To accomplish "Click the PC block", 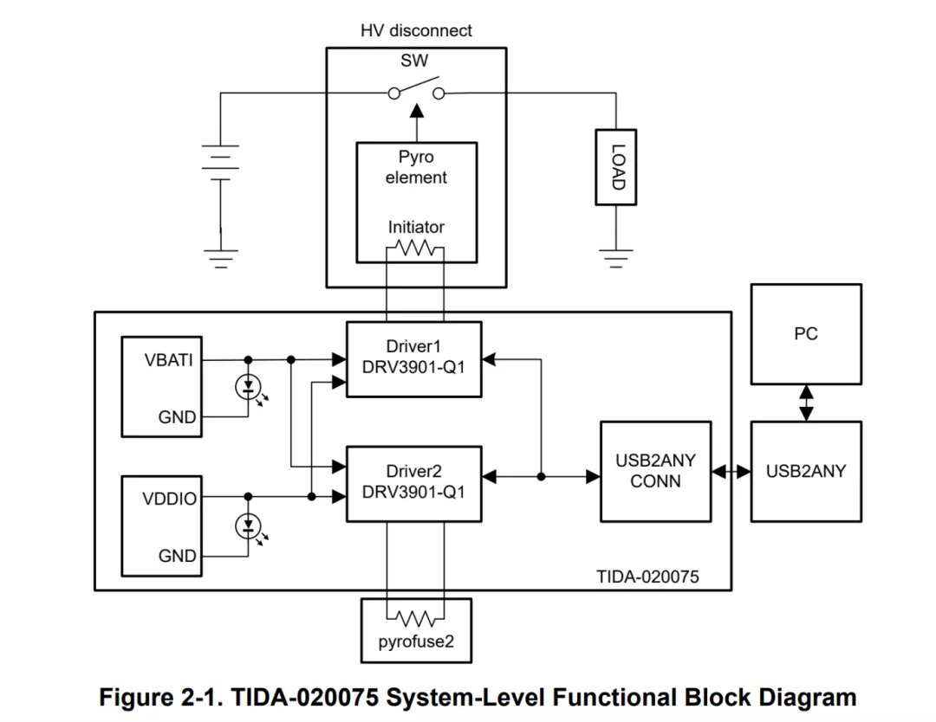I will pyautogui.click(x=805, y=334).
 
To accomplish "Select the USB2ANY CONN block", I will pyautogui.click(x=655, y=470).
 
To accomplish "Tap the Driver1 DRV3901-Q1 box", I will pyautogui.click(x=413, y=358).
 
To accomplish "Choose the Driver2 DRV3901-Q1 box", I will pyautogui.click(x=413, y=483).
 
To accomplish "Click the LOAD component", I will pyautogui.click(x=616, y=166).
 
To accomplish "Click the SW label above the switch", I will pyautogui.click(x=414, y=61).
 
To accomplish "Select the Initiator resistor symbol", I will pyautogui.click(x=414, y=249).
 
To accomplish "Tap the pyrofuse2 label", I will pyautogui.click(x=416, y=643).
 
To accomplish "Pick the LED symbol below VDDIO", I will pyautogui.click(x=248, y=525).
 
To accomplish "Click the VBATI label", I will pyautogui.click(x=169, y=360).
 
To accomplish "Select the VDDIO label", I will pyautogui.click(x=170, y=499).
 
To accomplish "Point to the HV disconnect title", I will pyautogui.click(x=416, y=31).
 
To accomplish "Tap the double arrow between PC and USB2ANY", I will pyautogui.click(x=806, y=403).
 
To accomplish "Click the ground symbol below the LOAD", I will pyautogui.click(x=616, y=257).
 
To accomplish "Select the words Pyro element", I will pyautogui.click(x=416, y=167).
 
